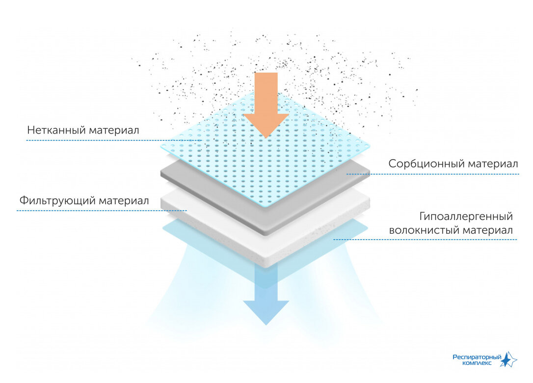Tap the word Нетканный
click(x=56, y=131)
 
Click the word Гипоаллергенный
click(x=466, y=217)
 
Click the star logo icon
click(x=509, y=360)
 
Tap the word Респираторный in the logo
click(x=477, y=357)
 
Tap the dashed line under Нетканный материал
click(x=113, y=140)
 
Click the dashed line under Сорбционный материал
click(x=432, y=174)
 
